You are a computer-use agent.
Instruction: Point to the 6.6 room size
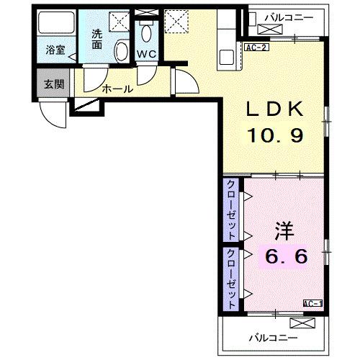[287, 256]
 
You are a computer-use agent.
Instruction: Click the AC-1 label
[312, 304]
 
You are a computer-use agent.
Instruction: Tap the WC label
[147, 54]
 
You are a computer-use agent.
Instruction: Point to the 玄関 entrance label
[53, 84]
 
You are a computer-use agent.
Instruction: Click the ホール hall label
[117, 89]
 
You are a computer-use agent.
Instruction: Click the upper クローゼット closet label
[232, 210]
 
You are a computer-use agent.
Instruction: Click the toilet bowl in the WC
[148, 33]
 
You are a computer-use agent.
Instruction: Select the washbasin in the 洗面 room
[122, 50]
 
